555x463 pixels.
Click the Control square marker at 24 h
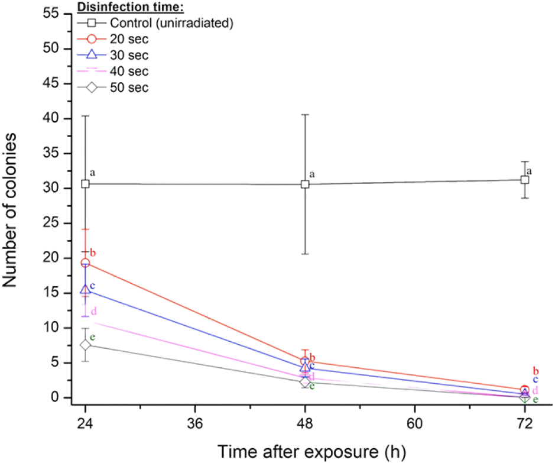tap(85, 184)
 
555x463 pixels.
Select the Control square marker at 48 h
tap(305, 184)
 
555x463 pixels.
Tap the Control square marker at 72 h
tap(525, 180)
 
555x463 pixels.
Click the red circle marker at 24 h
tap(85, 263)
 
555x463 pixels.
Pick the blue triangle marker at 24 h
tap(85, 290)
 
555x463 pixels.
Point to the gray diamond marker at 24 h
tap(85, 345)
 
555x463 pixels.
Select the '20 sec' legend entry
tap(125, 40)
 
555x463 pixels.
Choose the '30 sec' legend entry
tap(125, 56)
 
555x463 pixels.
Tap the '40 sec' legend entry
tap(125, 72)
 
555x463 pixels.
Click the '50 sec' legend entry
tap(125, 88)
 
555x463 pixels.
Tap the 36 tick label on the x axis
tap(195, 424)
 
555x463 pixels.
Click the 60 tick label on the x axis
tap(415, 424)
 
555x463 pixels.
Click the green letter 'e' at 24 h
tap(93, 337)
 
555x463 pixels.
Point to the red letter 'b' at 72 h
tap(536, 371)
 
